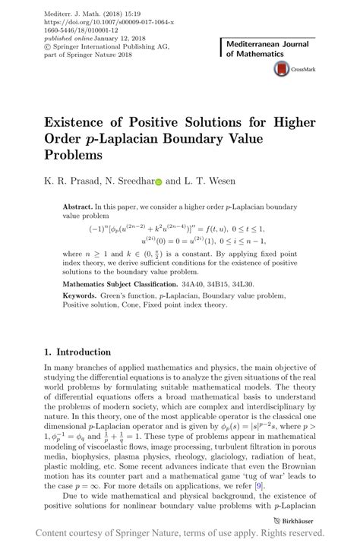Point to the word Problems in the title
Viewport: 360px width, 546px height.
point(78,156)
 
